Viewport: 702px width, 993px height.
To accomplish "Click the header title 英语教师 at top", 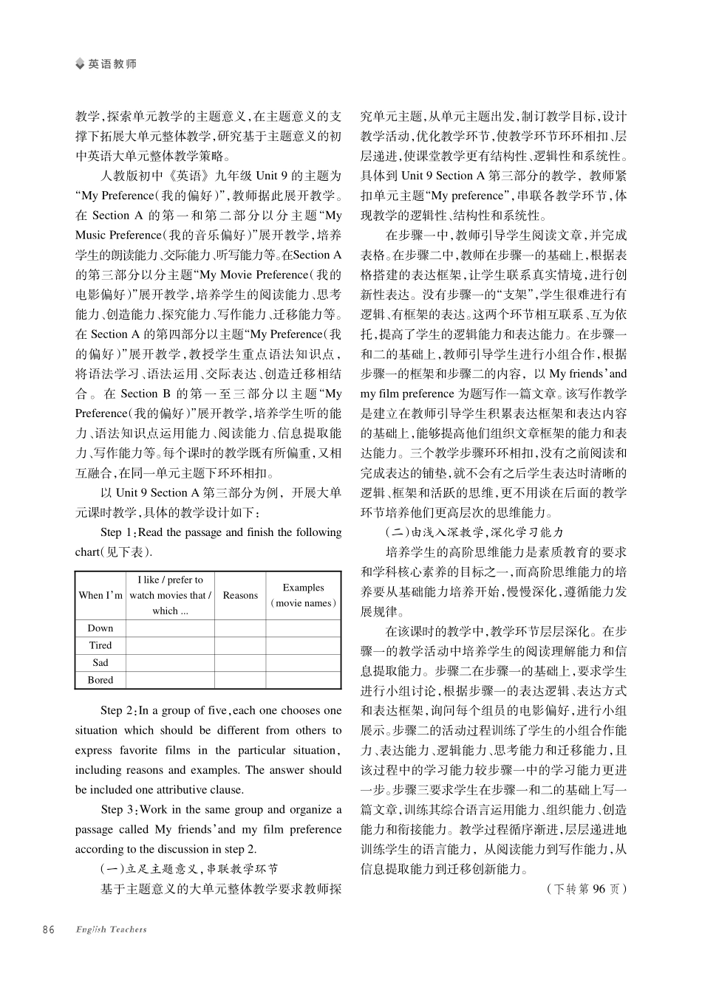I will [112, 64].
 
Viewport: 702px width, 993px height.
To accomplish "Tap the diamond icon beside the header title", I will [81, 64].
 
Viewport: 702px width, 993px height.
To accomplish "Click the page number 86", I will [49, 930].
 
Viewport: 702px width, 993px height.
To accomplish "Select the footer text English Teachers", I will [111, 930].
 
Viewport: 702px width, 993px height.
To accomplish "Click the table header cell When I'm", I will [100, 595].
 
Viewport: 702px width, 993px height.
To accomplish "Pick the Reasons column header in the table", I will [240, 595].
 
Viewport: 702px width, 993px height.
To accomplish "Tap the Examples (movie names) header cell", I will [303, 595].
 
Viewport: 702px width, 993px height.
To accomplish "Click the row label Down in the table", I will [100, 628].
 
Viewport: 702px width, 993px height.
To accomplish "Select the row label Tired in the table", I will [100, 645].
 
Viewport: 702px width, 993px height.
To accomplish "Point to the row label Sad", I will [100, 662].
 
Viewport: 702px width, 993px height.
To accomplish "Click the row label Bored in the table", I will [100, 680].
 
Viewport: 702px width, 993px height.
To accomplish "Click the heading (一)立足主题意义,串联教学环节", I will [189, 869].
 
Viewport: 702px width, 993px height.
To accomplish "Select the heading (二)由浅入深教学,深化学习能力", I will [474, 532].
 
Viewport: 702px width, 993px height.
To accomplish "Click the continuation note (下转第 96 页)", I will [586, 889].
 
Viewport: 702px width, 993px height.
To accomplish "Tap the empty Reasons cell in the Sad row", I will [240, 662].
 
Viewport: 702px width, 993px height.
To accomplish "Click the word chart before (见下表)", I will [86, 552].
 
